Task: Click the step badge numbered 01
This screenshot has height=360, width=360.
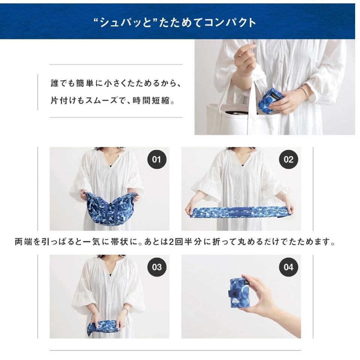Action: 157,159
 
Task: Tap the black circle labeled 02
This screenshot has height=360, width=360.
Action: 288,159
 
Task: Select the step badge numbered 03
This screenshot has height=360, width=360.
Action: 157,267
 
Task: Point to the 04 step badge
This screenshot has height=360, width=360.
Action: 288,267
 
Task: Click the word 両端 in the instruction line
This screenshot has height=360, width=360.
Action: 23,242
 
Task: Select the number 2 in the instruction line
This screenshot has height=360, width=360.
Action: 170,242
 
